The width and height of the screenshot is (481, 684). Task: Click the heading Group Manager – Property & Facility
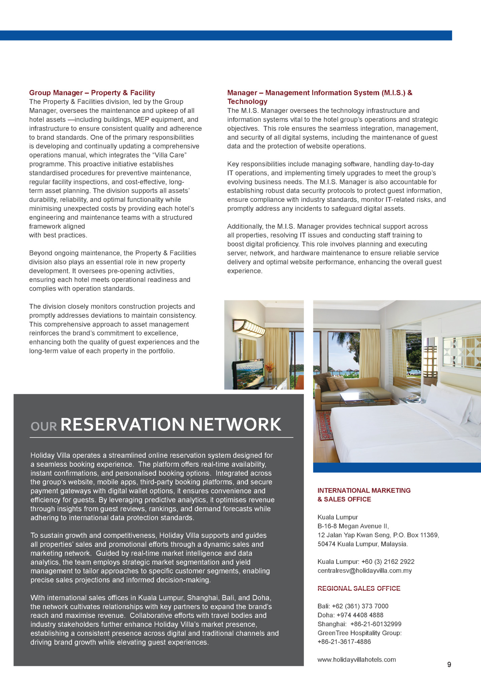pyautogui.click(x=92, y=93)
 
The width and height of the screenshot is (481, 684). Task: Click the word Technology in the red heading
pyautogui.click(x=247, y=102)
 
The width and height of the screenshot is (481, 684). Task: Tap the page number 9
pyautogui.click(x=449, y=664)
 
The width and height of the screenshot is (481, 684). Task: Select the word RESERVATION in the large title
pyautogui.click(x=123, y=424)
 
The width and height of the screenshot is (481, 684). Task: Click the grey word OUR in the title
pyautogui.click(x=44, y=427)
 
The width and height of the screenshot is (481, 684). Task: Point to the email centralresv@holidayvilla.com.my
pyautogui.click(x=364, y=571)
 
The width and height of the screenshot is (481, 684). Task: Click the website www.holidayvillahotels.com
pyautogui.click(x=356, y=659)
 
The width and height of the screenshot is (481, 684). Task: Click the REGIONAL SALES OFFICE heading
pyautogui.click(x=359, y=588)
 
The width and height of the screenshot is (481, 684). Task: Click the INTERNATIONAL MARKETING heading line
pyautogui.click(x=364, y=490)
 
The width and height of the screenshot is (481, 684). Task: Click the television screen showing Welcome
pyautogui.click(x=248, y=374)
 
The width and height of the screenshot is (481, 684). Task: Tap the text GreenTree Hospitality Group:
pyautogui.click(x=359, y=633)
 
